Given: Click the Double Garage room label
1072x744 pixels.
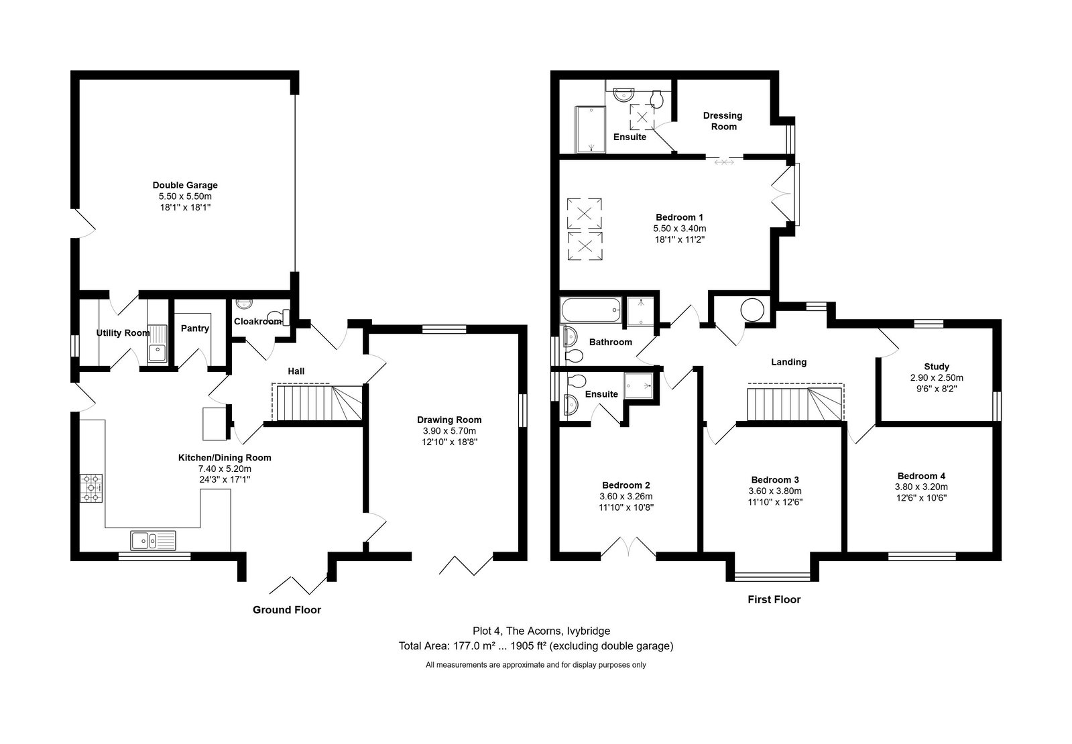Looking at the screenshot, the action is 185,185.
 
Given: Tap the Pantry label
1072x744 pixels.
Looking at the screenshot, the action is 195,328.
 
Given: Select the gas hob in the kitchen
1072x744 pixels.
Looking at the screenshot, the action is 91,488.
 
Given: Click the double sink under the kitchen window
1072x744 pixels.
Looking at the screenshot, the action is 153,541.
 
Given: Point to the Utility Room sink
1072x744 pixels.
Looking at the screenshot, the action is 158,344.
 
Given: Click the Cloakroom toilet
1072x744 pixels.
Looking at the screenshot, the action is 279,317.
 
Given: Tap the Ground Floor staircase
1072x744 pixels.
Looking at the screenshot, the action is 317,403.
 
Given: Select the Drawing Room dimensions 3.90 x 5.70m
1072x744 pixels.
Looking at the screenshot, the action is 449,430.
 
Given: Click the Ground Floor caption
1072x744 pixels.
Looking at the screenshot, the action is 287,609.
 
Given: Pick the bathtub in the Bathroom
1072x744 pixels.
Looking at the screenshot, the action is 591,310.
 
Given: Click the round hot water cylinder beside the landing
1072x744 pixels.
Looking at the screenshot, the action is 752,310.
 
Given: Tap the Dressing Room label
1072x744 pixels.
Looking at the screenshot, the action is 723,121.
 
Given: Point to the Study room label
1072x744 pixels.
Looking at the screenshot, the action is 937,367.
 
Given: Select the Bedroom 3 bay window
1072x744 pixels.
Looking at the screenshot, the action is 772,576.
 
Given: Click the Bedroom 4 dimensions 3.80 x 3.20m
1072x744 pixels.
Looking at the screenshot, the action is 921,487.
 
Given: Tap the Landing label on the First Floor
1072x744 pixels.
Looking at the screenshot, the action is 788,362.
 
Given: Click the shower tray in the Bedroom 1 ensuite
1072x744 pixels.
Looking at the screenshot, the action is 590,129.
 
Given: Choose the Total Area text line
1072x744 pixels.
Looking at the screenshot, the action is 536,646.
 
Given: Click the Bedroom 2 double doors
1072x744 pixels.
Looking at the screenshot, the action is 628,547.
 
